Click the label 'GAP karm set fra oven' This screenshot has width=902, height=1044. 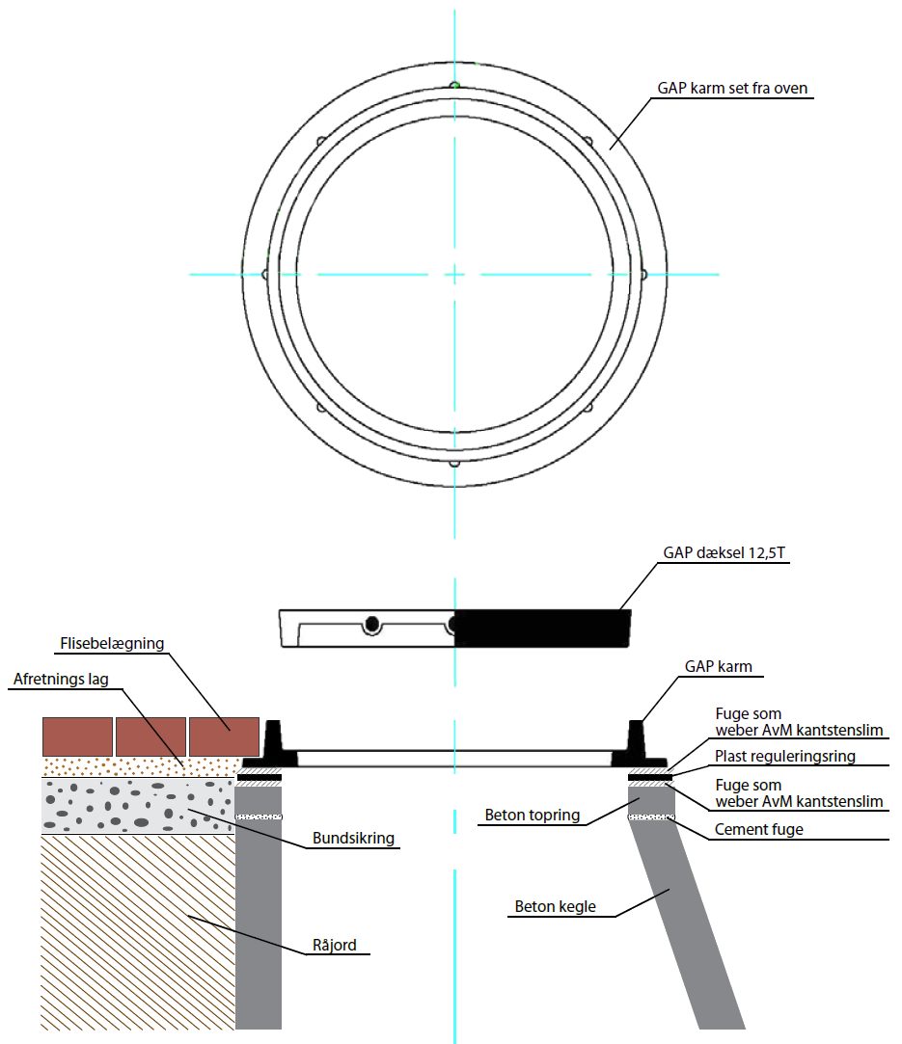point(732,88)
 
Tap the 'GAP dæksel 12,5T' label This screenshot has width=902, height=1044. point(724,552)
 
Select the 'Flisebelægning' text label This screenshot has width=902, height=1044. point(112,644)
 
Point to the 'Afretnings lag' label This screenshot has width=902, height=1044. point(61,680)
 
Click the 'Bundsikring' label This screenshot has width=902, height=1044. point(353,839)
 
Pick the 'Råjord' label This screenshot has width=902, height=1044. point(335,945)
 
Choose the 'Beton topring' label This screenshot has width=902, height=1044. point(533,815)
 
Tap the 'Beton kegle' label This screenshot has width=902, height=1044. point(555,907)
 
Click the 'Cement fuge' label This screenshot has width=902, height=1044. point(759,830)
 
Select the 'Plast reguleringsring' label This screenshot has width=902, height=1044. point(784,757)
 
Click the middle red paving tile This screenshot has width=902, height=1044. point(151,737)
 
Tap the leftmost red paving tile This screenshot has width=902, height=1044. point(77,737)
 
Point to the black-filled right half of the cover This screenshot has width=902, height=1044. point(542,628)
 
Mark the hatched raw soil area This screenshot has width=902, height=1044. point(137,932)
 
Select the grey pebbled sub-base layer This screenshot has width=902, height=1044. point(138,806)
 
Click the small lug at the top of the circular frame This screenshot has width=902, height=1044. point(454,85)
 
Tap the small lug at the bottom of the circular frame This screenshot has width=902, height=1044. point(454,463)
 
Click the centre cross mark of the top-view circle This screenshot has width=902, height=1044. point(454,274)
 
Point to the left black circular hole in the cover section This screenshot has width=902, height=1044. point(371,625)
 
